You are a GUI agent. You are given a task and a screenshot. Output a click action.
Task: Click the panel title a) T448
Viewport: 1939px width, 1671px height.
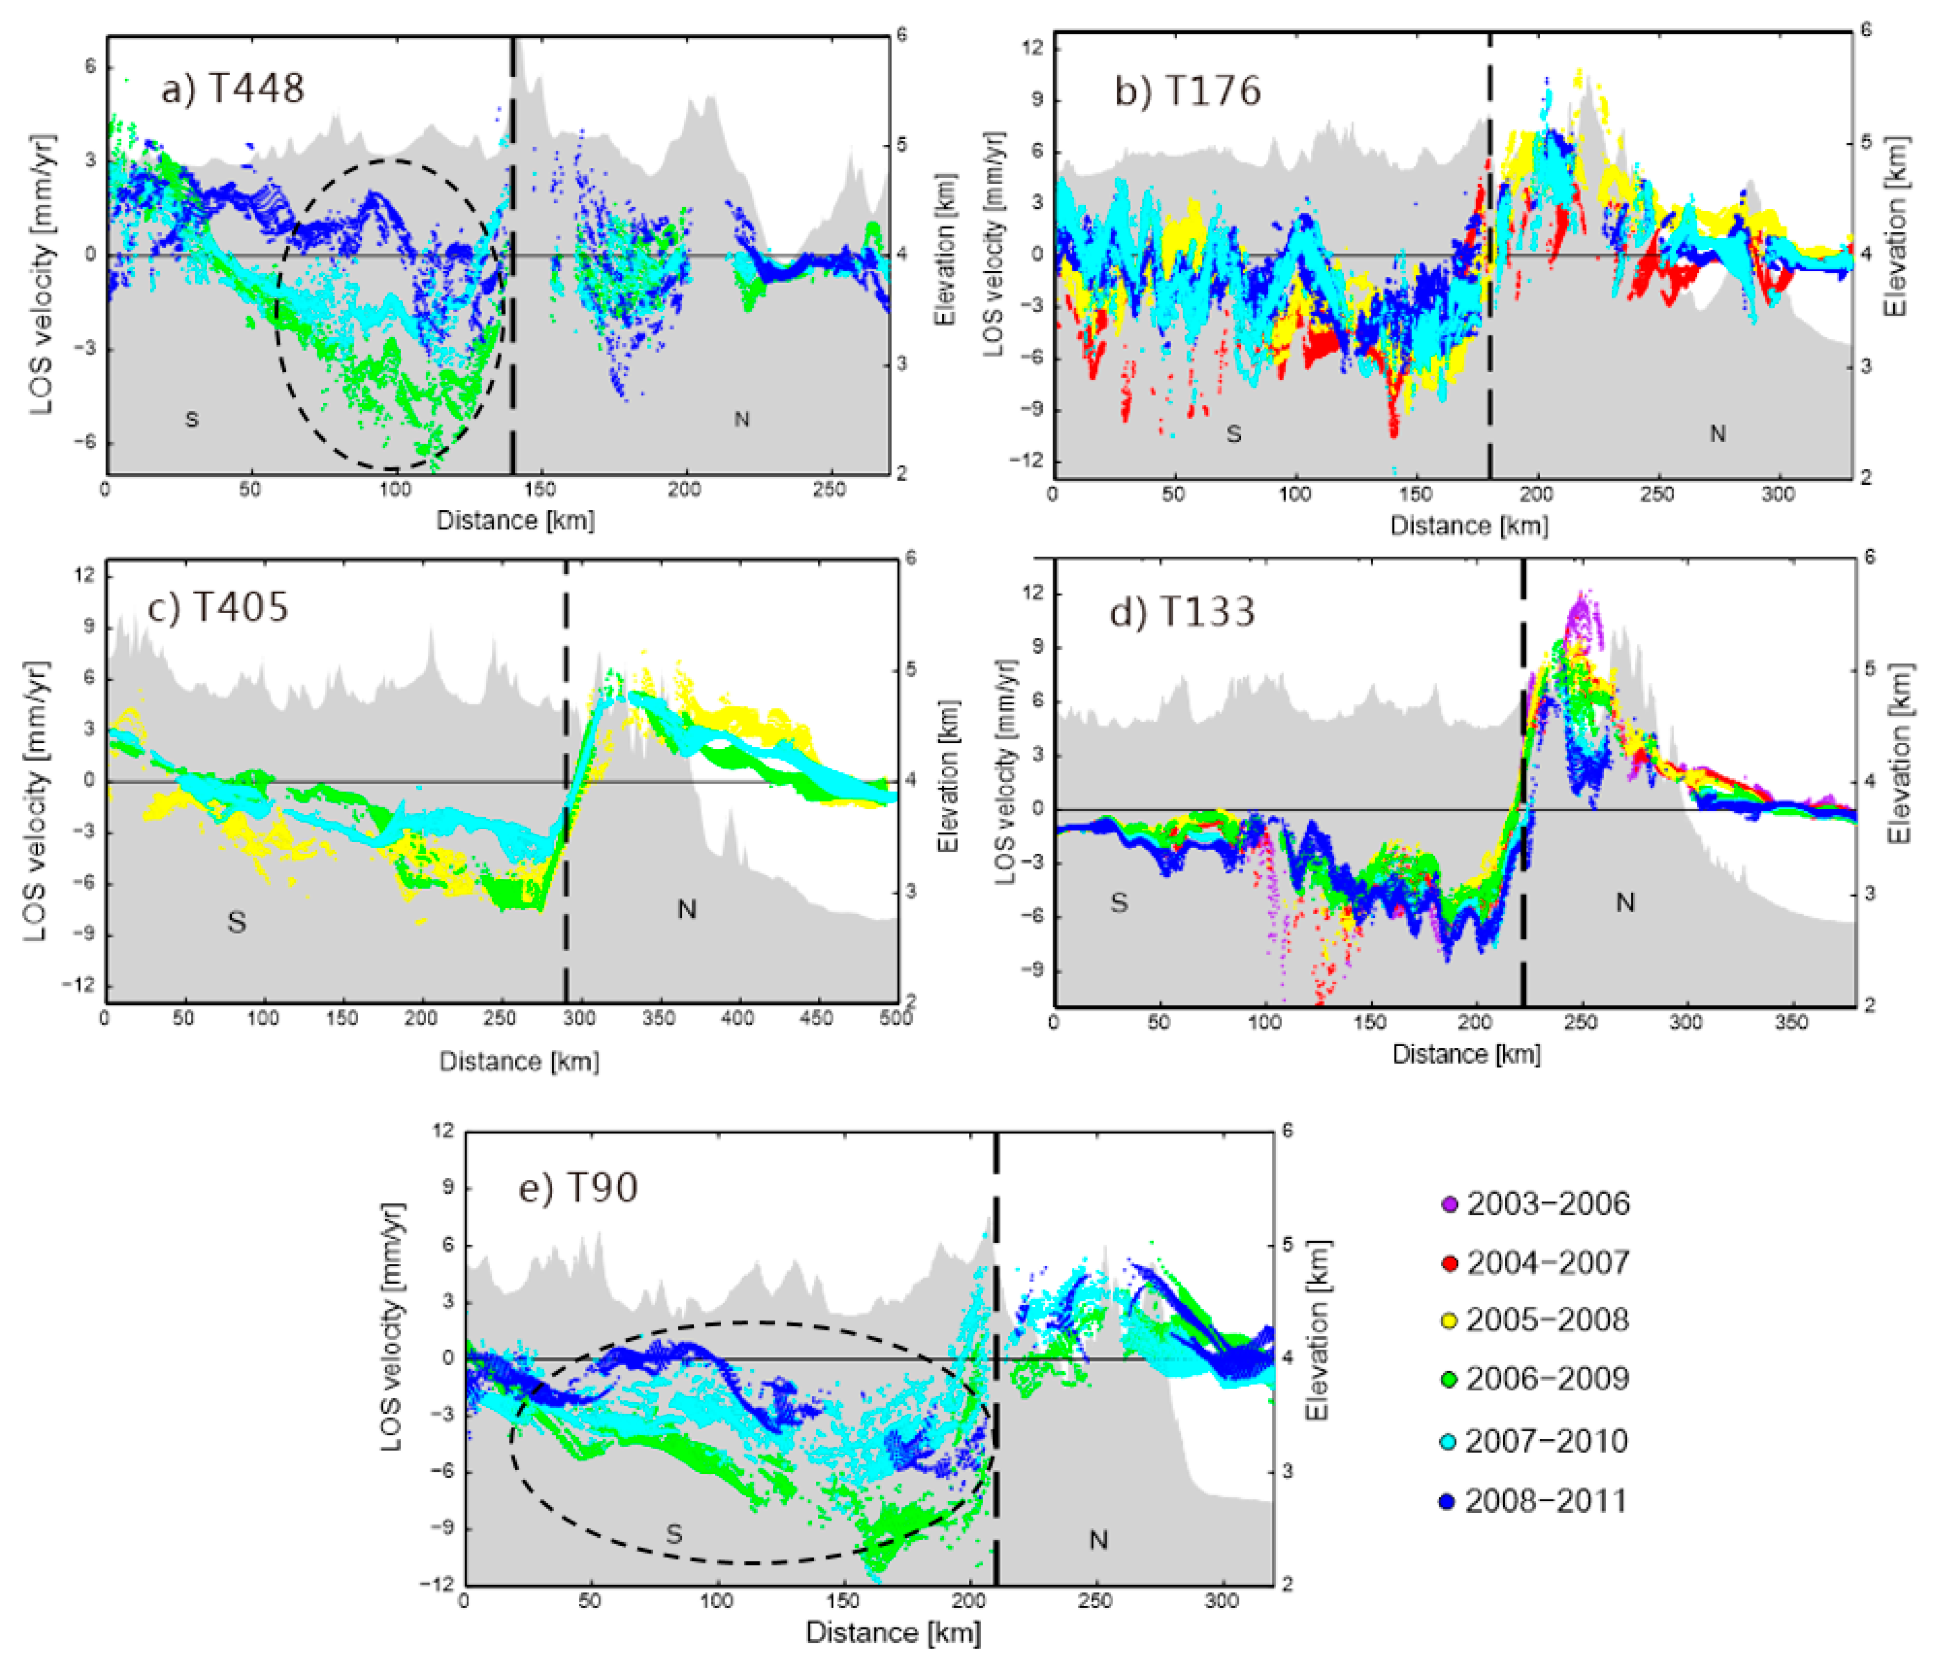[x=232, y=89]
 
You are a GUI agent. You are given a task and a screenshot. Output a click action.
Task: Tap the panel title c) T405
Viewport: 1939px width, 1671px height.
[x=218, y=608]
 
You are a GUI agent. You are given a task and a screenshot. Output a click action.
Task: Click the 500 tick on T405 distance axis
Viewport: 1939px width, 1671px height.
[x=896, y=1018]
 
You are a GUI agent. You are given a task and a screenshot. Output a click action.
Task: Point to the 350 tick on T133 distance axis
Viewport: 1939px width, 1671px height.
[x=1791, y=1023]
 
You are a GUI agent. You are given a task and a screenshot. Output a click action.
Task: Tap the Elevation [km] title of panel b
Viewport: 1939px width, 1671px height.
[x=1895, y=227]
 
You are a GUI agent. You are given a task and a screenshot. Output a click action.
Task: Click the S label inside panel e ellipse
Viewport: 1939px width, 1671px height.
[x=674, y=1535]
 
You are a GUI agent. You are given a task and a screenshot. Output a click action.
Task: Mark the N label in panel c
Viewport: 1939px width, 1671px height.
[x=687, y=909]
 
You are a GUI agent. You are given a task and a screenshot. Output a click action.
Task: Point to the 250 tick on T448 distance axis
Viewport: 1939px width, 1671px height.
[x=829, y=490]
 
